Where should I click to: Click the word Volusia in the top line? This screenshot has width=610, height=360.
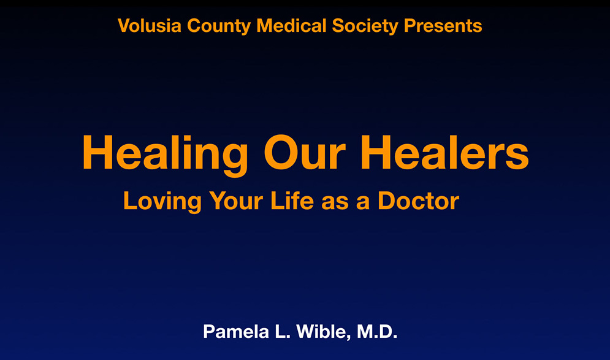(150, 26)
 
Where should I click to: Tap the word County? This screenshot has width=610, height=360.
(219, 26)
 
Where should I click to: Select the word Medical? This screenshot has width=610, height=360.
(291, 26)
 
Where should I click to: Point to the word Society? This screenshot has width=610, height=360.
(365, 26)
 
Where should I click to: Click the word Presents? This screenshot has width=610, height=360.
(443, 26)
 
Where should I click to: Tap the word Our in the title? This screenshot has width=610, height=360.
(305, 152)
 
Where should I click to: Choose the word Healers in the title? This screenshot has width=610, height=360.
(444, 152)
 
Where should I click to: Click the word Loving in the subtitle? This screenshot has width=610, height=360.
(162, 202)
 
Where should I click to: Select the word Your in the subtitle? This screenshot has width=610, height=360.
(236, 201)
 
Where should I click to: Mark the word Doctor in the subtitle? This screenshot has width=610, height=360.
(418, 201)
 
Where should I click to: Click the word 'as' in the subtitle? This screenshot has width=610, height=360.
(335, 204)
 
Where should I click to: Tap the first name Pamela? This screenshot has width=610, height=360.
(236, 332)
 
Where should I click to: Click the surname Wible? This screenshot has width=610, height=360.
(322, 332)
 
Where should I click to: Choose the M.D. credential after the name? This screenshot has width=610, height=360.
(377, 332)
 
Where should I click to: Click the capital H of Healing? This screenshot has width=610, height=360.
(97, 152)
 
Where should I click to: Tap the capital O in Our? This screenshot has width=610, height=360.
(281, 152)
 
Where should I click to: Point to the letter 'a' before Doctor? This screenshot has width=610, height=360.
(362, 204)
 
